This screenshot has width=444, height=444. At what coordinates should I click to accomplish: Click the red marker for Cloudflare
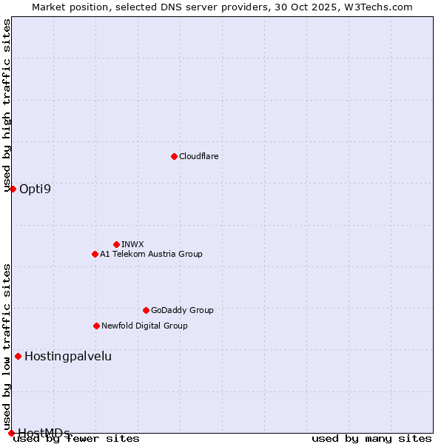[174, 156]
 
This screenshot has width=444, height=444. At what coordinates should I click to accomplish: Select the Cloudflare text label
[198, 156]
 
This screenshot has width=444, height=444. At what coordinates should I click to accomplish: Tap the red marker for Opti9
[13, 189]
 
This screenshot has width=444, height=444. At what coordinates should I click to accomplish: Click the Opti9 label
[35, 189]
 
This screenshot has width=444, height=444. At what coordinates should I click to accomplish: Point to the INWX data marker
[116, 244]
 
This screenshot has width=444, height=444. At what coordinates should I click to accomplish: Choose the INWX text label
[132, 244]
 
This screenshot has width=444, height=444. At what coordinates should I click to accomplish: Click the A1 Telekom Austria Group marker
[95, 254]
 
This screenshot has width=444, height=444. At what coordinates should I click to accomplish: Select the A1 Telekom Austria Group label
[151, 254]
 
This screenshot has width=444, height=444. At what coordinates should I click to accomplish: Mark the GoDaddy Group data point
[146, 310]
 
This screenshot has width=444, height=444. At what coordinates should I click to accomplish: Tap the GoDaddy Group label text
[181, 310]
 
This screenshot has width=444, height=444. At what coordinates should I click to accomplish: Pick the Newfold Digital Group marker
[96, 326]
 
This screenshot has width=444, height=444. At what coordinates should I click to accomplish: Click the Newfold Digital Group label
[144, 326]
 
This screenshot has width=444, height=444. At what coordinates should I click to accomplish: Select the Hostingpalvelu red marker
[18, 356]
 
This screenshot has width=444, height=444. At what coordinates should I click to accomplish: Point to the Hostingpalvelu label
[68, 356]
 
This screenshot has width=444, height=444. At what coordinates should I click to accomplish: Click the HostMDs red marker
[11, 433]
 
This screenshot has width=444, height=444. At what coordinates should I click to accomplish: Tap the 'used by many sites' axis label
[371, 438]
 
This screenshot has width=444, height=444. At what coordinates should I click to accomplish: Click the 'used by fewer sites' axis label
[77, 438]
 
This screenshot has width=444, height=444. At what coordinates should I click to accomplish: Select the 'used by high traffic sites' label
[7, 105]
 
